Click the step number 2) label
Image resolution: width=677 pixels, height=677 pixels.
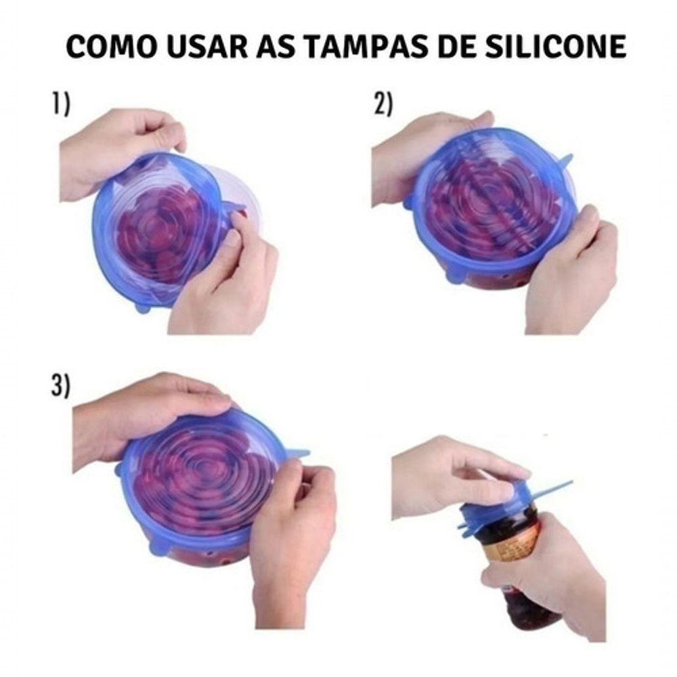point(383,105)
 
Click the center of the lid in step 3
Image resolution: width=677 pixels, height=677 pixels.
point(203,474)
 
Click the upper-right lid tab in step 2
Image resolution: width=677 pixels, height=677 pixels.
point(565,160)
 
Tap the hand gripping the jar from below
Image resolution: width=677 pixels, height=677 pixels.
point(555,575)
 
